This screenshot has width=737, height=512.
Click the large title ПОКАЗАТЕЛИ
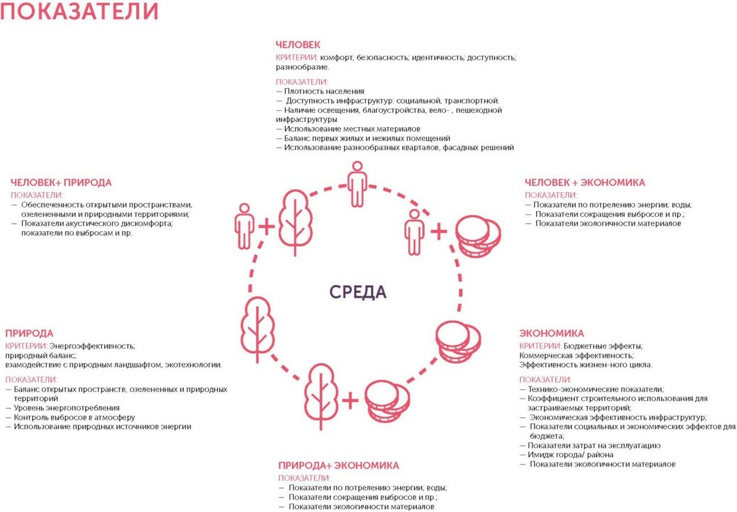pos(79,12)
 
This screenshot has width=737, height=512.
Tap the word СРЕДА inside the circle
pos(358,292)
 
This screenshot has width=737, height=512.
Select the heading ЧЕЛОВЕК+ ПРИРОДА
pos(61,183)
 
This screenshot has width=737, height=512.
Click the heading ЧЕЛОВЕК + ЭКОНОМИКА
pos(585,182)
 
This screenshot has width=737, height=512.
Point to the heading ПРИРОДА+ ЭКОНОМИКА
pos(339,466)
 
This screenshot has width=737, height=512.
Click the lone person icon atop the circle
pos(356,185)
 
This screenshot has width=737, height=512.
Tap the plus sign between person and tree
pos(266,226)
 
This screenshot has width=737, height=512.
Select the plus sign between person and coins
pos(438,232)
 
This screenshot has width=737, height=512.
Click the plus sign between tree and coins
pos(349,401)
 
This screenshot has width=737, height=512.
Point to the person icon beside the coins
pos(415,232)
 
